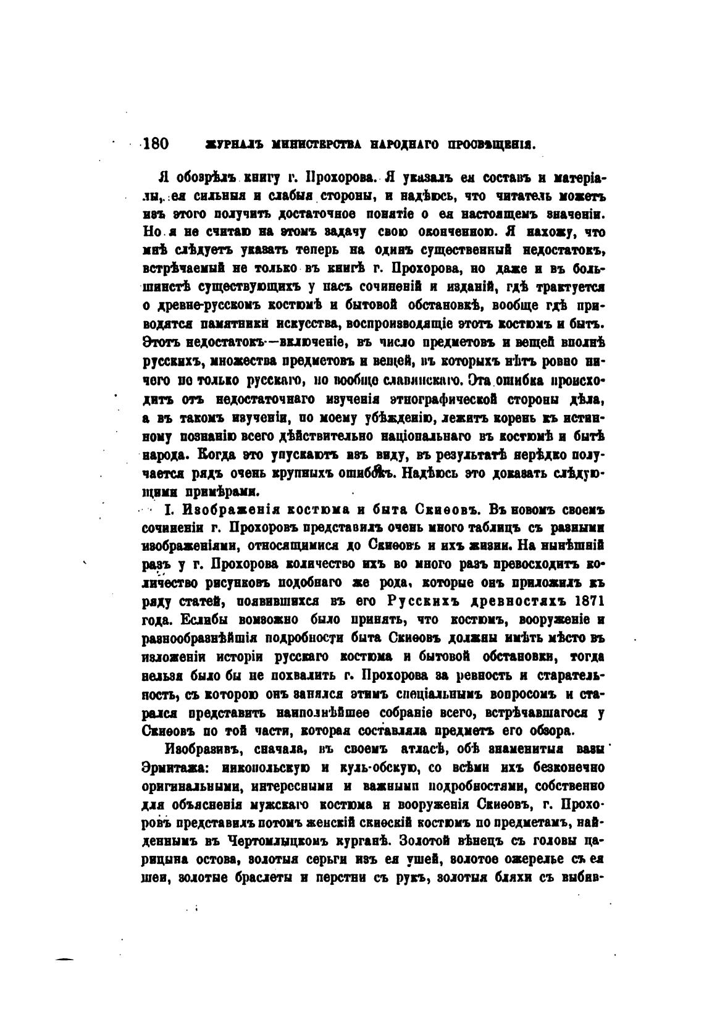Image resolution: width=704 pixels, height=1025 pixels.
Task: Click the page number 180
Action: (x=155, y=144)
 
